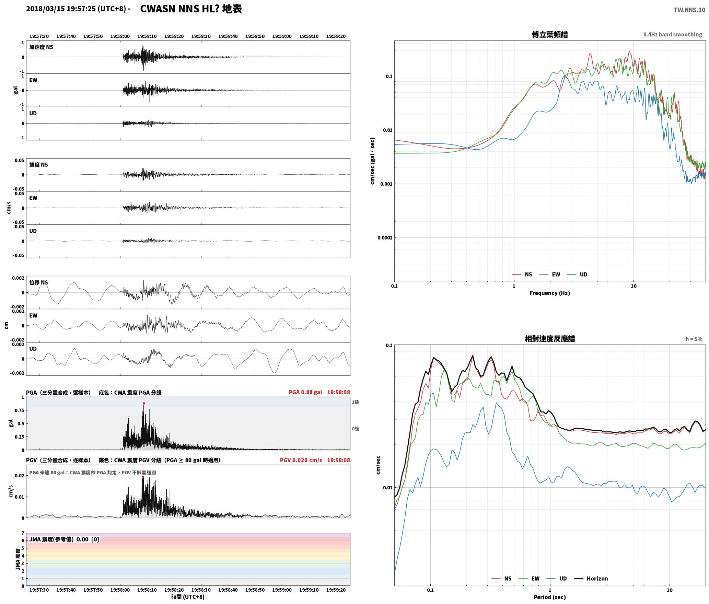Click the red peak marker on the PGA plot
tap(144, 404)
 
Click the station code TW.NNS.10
tap(689, 10)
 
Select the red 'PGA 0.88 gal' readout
tap(305, 392)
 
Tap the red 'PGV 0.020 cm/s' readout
tap(301, 460)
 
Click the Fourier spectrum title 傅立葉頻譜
tap(549, 35)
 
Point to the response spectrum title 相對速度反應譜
tap(550, 339)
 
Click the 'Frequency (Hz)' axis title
tap(549, 293)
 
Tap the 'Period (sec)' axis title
tap(549, 597)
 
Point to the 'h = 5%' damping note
tap(694, 339)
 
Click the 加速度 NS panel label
tap(41, 47)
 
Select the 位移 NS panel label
tap(39, 282)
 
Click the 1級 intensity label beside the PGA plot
tap(355, 402)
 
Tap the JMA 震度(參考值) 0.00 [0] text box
tap(64, 539)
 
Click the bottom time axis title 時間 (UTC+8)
tap(188, 597)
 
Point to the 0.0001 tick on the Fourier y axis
tap(384, 238)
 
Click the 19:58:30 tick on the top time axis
tap(201, 36)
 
